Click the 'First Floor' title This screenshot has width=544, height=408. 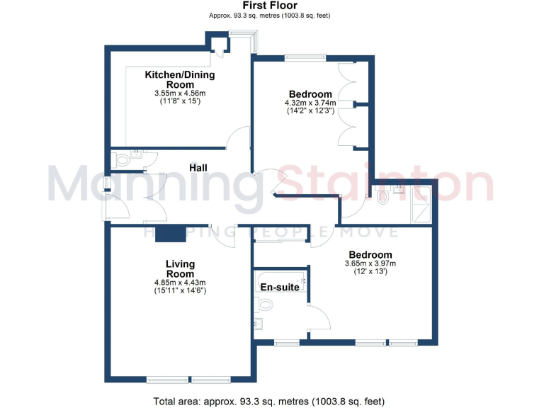[x=270, y=6]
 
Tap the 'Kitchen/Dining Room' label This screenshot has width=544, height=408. [x=180, y=79]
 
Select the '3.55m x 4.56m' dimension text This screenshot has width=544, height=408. [x=180, y=93]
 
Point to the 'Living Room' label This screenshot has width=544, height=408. [x=180, y=269]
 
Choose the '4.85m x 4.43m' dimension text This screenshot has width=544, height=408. [x=180, y=283]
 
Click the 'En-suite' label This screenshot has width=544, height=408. [x=279, y=288]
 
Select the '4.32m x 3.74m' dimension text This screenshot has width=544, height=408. [x=310, y=103]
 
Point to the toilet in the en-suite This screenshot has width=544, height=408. [x=266, y=305]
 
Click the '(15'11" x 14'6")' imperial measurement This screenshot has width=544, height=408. [x=180, y=290]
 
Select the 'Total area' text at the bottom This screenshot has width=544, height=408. [x=270, y=401]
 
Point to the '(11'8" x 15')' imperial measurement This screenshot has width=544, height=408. [x=180, y=101]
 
